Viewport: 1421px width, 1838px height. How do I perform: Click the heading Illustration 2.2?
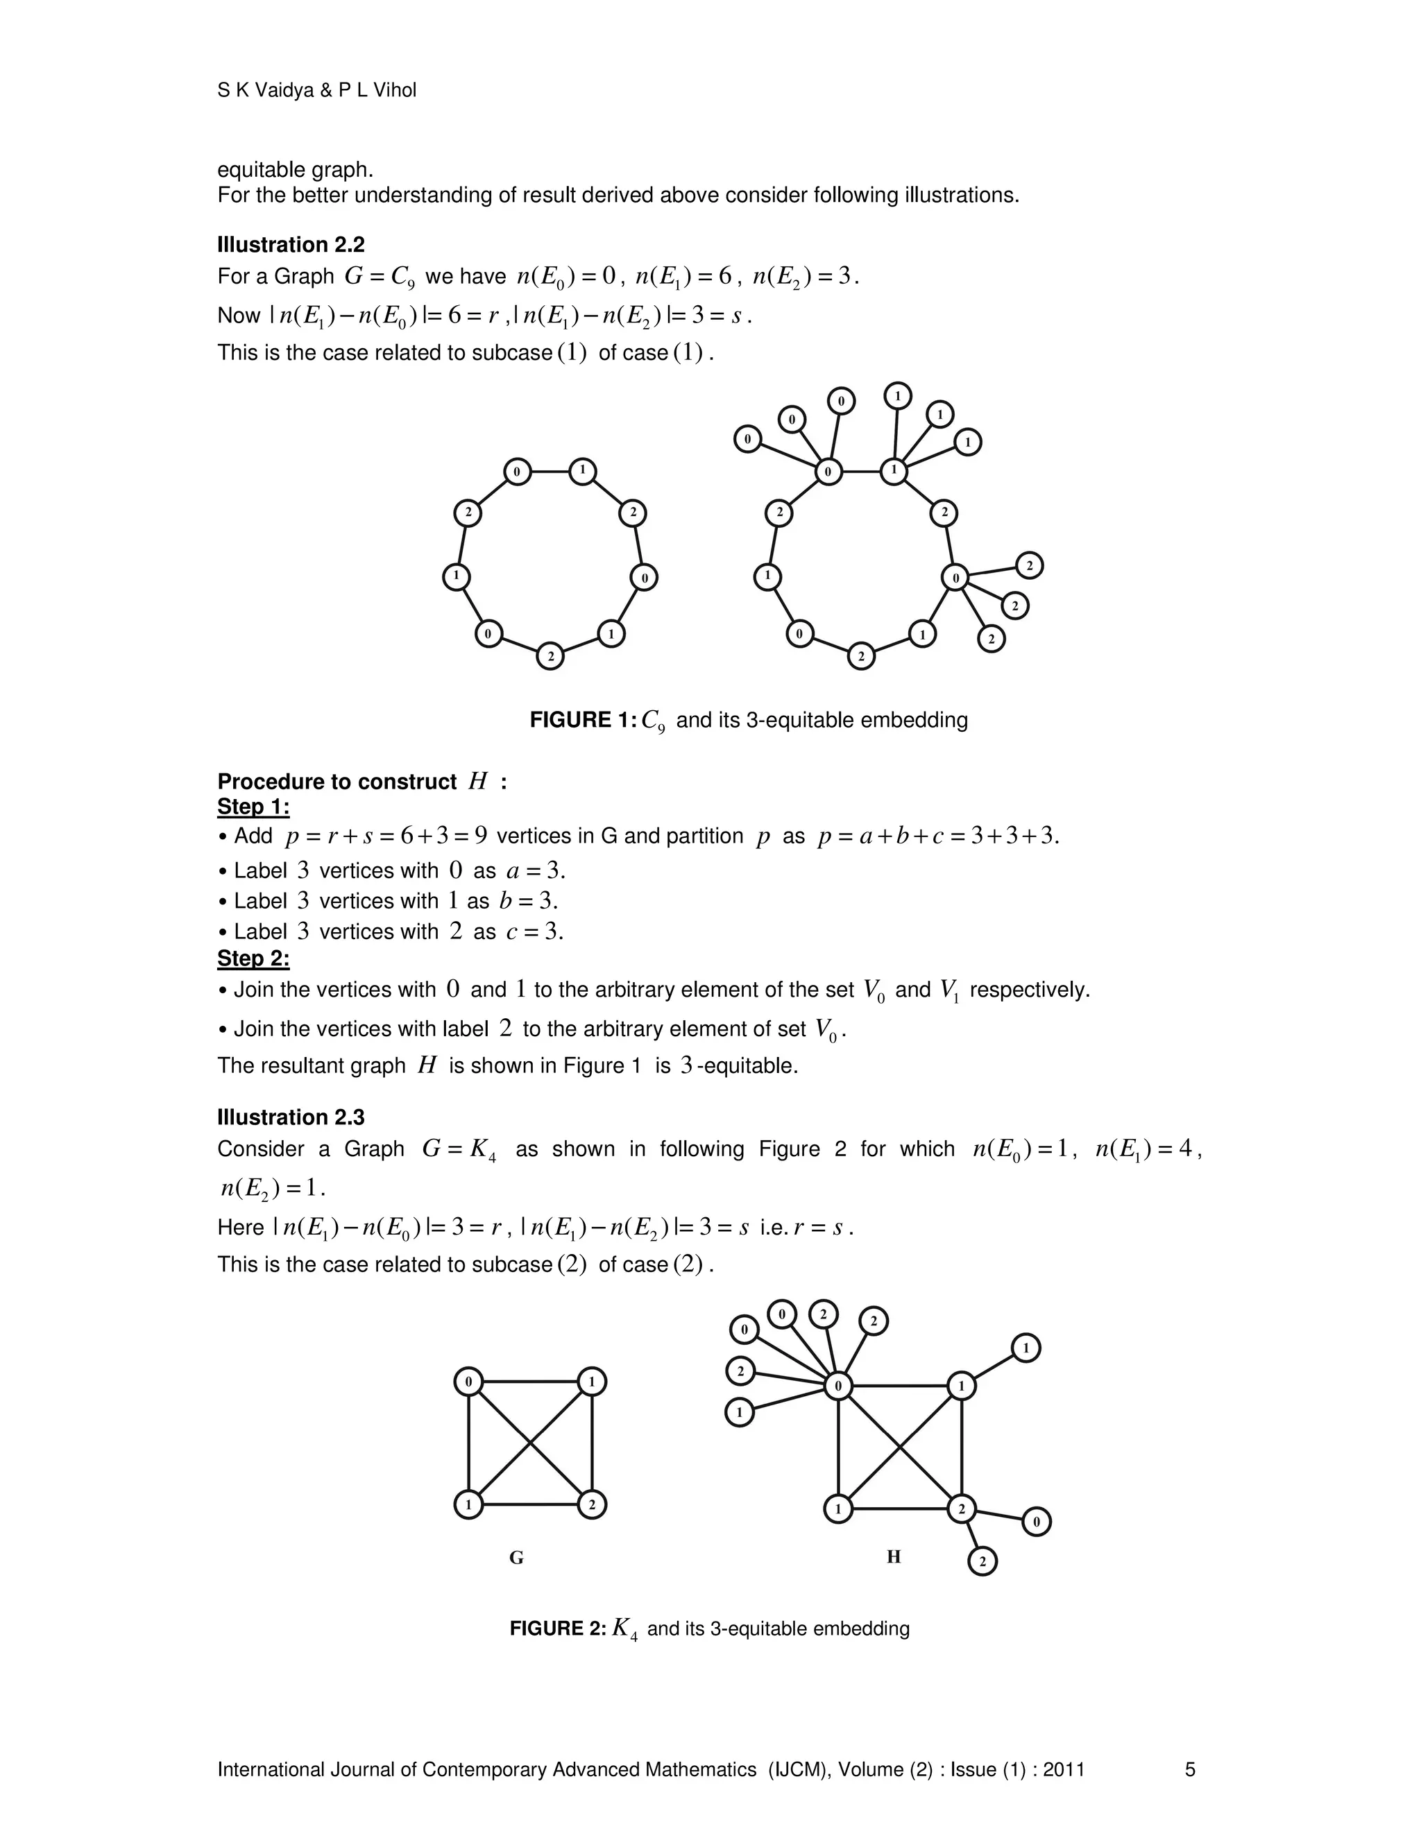click(x=291, y=245)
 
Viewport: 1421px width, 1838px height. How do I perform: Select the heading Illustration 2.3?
click(x=291, y=1117)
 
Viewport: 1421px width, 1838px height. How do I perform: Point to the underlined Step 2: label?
click(x=253, y=959)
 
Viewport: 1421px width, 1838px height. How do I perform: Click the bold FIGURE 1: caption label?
click(x=583, y=721)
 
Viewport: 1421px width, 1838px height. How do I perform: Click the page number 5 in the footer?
click(x=1189, y=1770)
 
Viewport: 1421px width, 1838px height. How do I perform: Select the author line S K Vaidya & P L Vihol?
click(x=316, y=90)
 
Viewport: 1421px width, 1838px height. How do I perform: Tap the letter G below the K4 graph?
click(x=516, y=1558)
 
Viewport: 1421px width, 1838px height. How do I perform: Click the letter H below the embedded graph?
click(x=893, y=1557)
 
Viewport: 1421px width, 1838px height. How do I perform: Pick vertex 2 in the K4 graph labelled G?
click(x=592, y=1505)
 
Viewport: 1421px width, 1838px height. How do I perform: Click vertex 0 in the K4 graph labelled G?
click(x=469, y=1382)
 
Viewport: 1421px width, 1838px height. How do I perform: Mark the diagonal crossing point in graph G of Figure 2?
click(x=530, y=1443)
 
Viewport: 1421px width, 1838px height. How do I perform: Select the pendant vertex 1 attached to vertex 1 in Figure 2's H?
click(x=1026, y=1348)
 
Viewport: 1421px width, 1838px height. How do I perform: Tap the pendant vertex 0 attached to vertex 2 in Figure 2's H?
click(x=1037, y=1522)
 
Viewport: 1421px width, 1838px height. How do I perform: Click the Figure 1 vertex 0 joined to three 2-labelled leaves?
click(x=955, y=577)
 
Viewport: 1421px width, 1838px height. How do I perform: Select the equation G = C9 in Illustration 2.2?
click(x=379, y=277)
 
